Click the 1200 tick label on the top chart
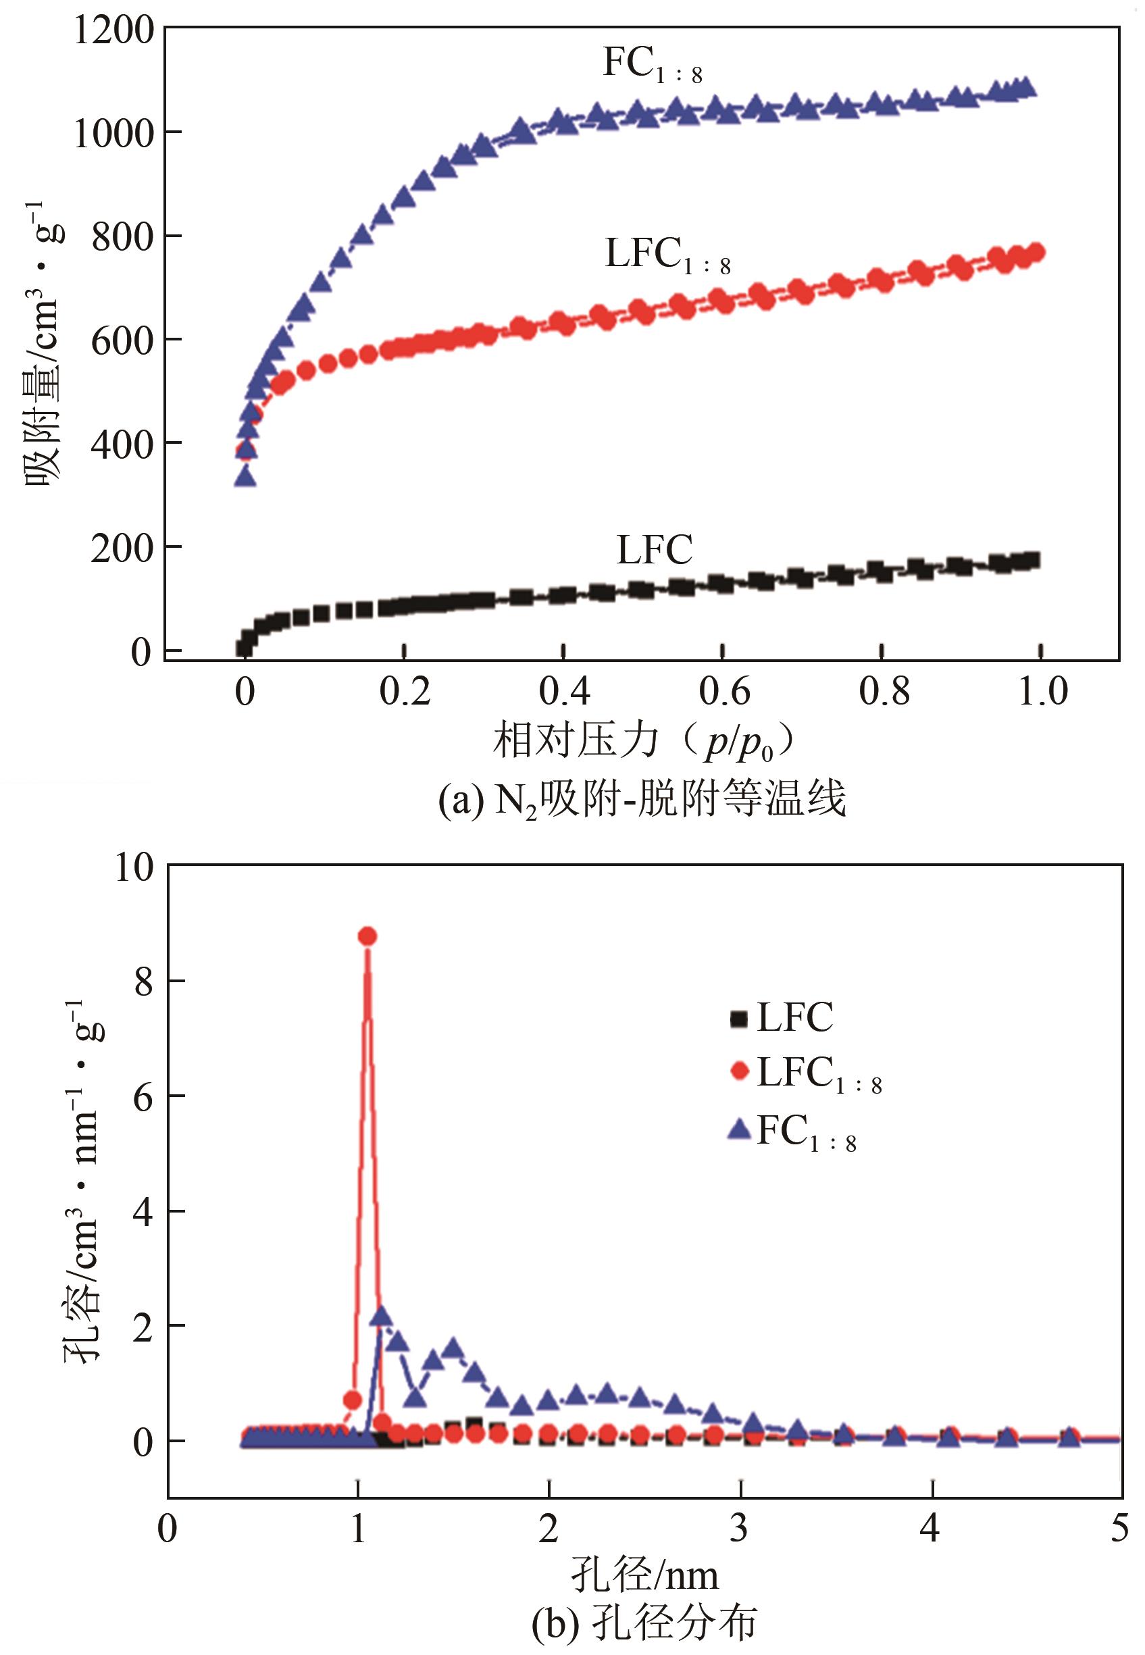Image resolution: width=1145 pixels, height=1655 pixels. click(113, 30)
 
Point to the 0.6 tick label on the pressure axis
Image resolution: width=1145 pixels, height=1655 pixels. click(724, 692)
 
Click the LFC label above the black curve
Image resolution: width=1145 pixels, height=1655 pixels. click(655, 551)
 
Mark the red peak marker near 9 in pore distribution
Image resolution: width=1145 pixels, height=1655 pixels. click(367, 936)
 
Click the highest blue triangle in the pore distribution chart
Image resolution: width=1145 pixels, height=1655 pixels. click(382, 1315)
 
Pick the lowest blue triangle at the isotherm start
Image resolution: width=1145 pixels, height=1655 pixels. click(245, 476)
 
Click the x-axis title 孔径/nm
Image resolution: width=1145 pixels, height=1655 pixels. click(644, 1577)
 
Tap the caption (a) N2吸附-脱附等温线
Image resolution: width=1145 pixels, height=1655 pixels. click(642, 799)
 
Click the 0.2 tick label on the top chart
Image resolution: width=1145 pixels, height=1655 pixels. click(405, 692)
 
